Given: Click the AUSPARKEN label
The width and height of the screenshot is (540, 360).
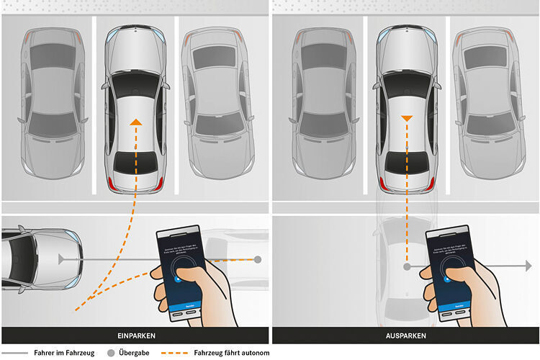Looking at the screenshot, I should [x=405, y=336].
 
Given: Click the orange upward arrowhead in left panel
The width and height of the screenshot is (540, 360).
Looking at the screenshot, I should [x=135, y=123].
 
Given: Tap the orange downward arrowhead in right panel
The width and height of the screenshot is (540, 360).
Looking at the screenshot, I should [x=407, y=117].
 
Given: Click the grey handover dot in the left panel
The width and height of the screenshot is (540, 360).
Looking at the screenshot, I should [x=258, y=258].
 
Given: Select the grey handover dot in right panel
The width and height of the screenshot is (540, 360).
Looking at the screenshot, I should [x=407, y=266].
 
